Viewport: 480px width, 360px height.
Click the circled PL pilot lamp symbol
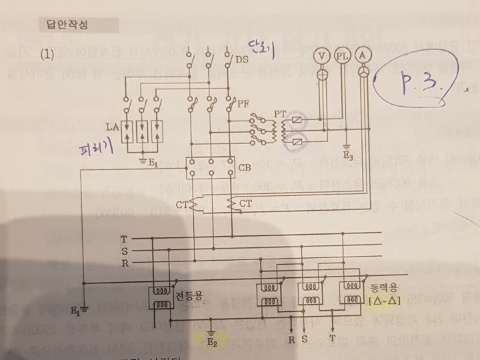click(x=342, y=53)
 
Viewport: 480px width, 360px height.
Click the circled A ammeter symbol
click(x=363, y=53)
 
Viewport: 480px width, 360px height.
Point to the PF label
click(x=243, y=103)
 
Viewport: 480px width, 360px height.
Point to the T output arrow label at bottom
click(x=333, y=339)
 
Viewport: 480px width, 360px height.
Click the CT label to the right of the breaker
click(x=246, y=203)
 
